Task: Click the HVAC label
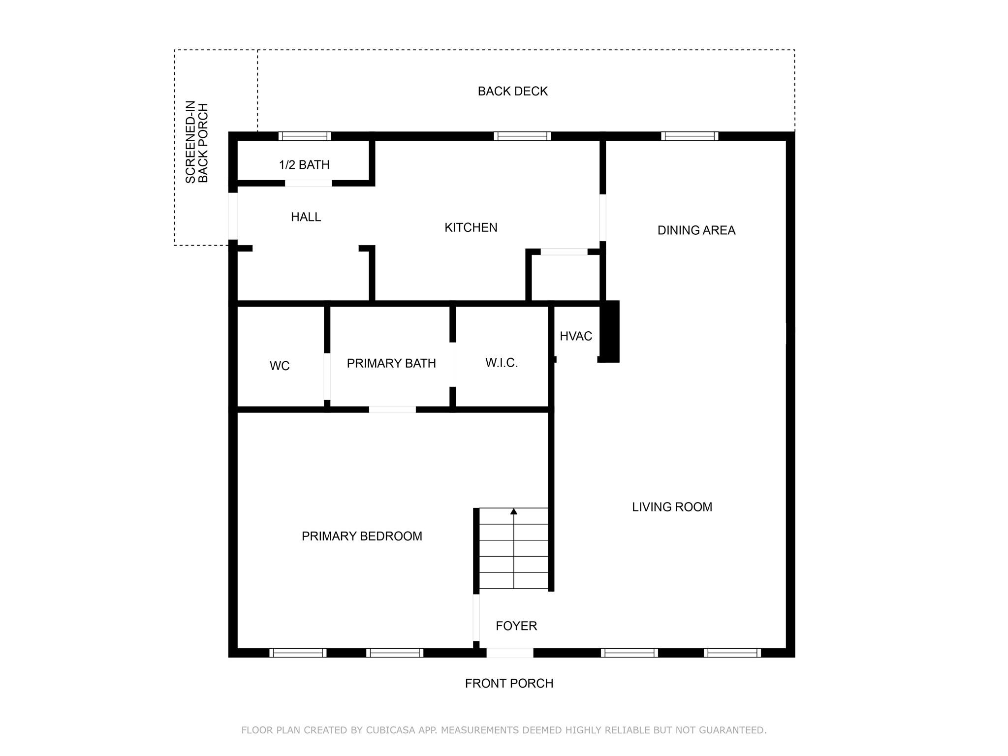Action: click(575, 336)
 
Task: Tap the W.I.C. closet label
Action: click(501, 363)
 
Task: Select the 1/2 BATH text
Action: click(304, 165)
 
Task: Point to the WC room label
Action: click(280, 366)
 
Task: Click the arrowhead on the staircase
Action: click(514, 512)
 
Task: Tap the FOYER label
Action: click(516, 626)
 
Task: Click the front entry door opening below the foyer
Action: click(510, 653)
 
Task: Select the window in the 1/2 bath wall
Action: click(305, 136)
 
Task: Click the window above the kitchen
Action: click(522, 136)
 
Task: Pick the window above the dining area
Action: click(689, 136)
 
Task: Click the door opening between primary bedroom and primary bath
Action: click(392, 409)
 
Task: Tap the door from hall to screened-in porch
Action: click(233, 216)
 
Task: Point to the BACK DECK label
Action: click(512, 92)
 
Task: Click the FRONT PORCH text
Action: click(509, 684)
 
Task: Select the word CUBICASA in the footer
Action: click(390, 730)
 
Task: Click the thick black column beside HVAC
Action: click(610, 331)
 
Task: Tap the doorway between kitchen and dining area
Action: click(602, 218)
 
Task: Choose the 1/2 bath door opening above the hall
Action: click(308, 183)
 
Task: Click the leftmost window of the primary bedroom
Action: click(298, 653)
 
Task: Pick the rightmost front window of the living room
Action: click(732, 653)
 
